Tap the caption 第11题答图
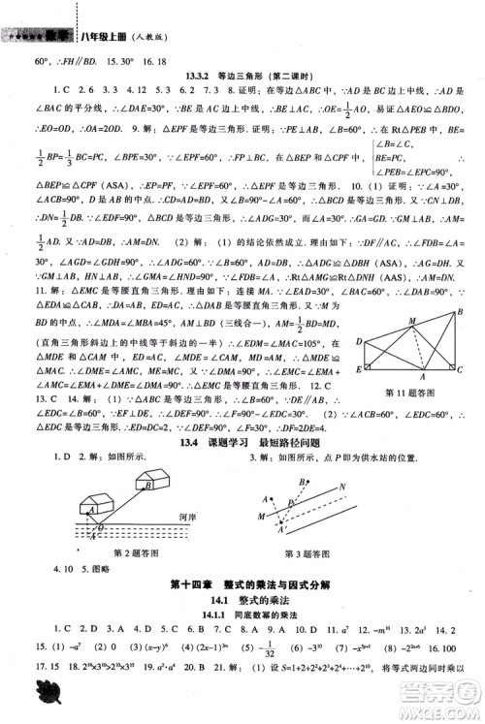[x=409, y=393]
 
